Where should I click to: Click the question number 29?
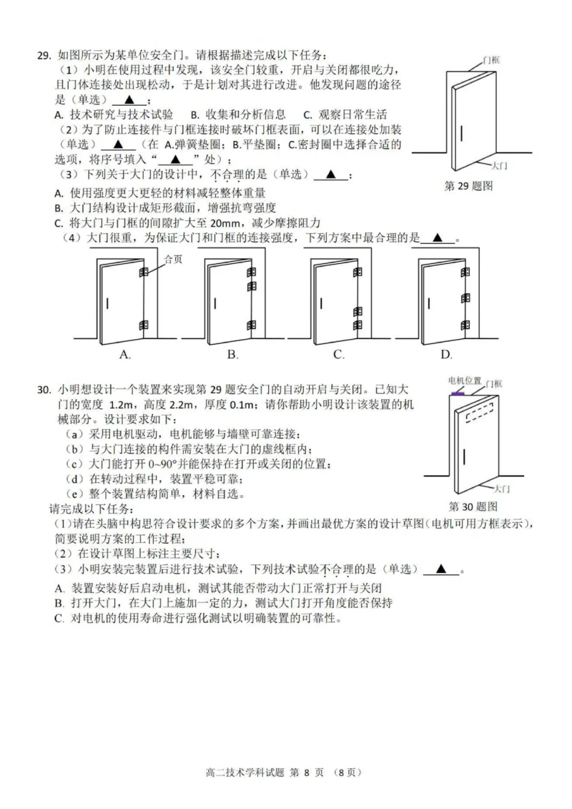[x=44, y=55]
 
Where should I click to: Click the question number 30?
[x=44, y=390]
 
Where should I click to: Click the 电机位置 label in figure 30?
[x=464, y=381]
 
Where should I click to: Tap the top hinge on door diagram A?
[x=143, y=272]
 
